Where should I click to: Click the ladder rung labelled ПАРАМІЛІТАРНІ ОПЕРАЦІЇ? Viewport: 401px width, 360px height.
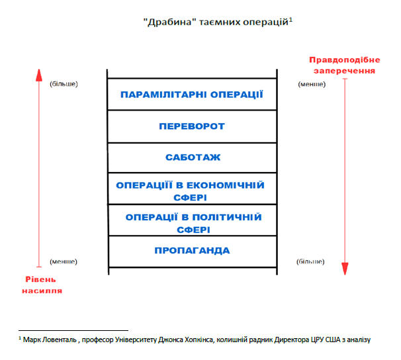tap(192, 94)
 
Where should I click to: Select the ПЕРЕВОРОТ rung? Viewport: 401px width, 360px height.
tap(192, 126)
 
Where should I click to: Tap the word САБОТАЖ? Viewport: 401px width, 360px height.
tap(193, 157)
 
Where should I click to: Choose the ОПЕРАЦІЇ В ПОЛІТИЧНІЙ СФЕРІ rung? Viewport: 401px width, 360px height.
tap(192, 222)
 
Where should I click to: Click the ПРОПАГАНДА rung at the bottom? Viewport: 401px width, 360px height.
tap(192, 251)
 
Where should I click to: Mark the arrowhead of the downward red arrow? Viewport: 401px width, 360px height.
tap(345, 268)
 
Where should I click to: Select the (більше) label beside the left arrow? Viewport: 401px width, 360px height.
tap(64, 84)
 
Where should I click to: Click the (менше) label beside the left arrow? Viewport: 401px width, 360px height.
tap(64, 261)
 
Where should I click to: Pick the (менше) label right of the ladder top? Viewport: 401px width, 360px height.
tap(311, 84)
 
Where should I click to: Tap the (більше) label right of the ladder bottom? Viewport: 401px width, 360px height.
tap(311, 261)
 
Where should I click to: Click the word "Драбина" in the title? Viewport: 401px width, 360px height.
tap(164, 22)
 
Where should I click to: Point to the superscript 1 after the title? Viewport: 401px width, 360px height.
tap(290, 19)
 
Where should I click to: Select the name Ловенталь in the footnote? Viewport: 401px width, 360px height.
tap(62, 339)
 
